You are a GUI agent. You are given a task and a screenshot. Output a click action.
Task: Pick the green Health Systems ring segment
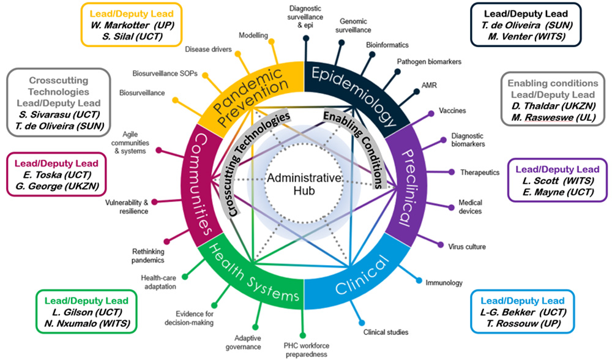254,272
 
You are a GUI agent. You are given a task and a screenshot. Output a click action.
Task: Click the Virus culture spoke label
467,247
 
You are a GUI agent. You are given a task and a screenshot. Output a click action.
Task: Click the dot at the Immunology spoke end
419,281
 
